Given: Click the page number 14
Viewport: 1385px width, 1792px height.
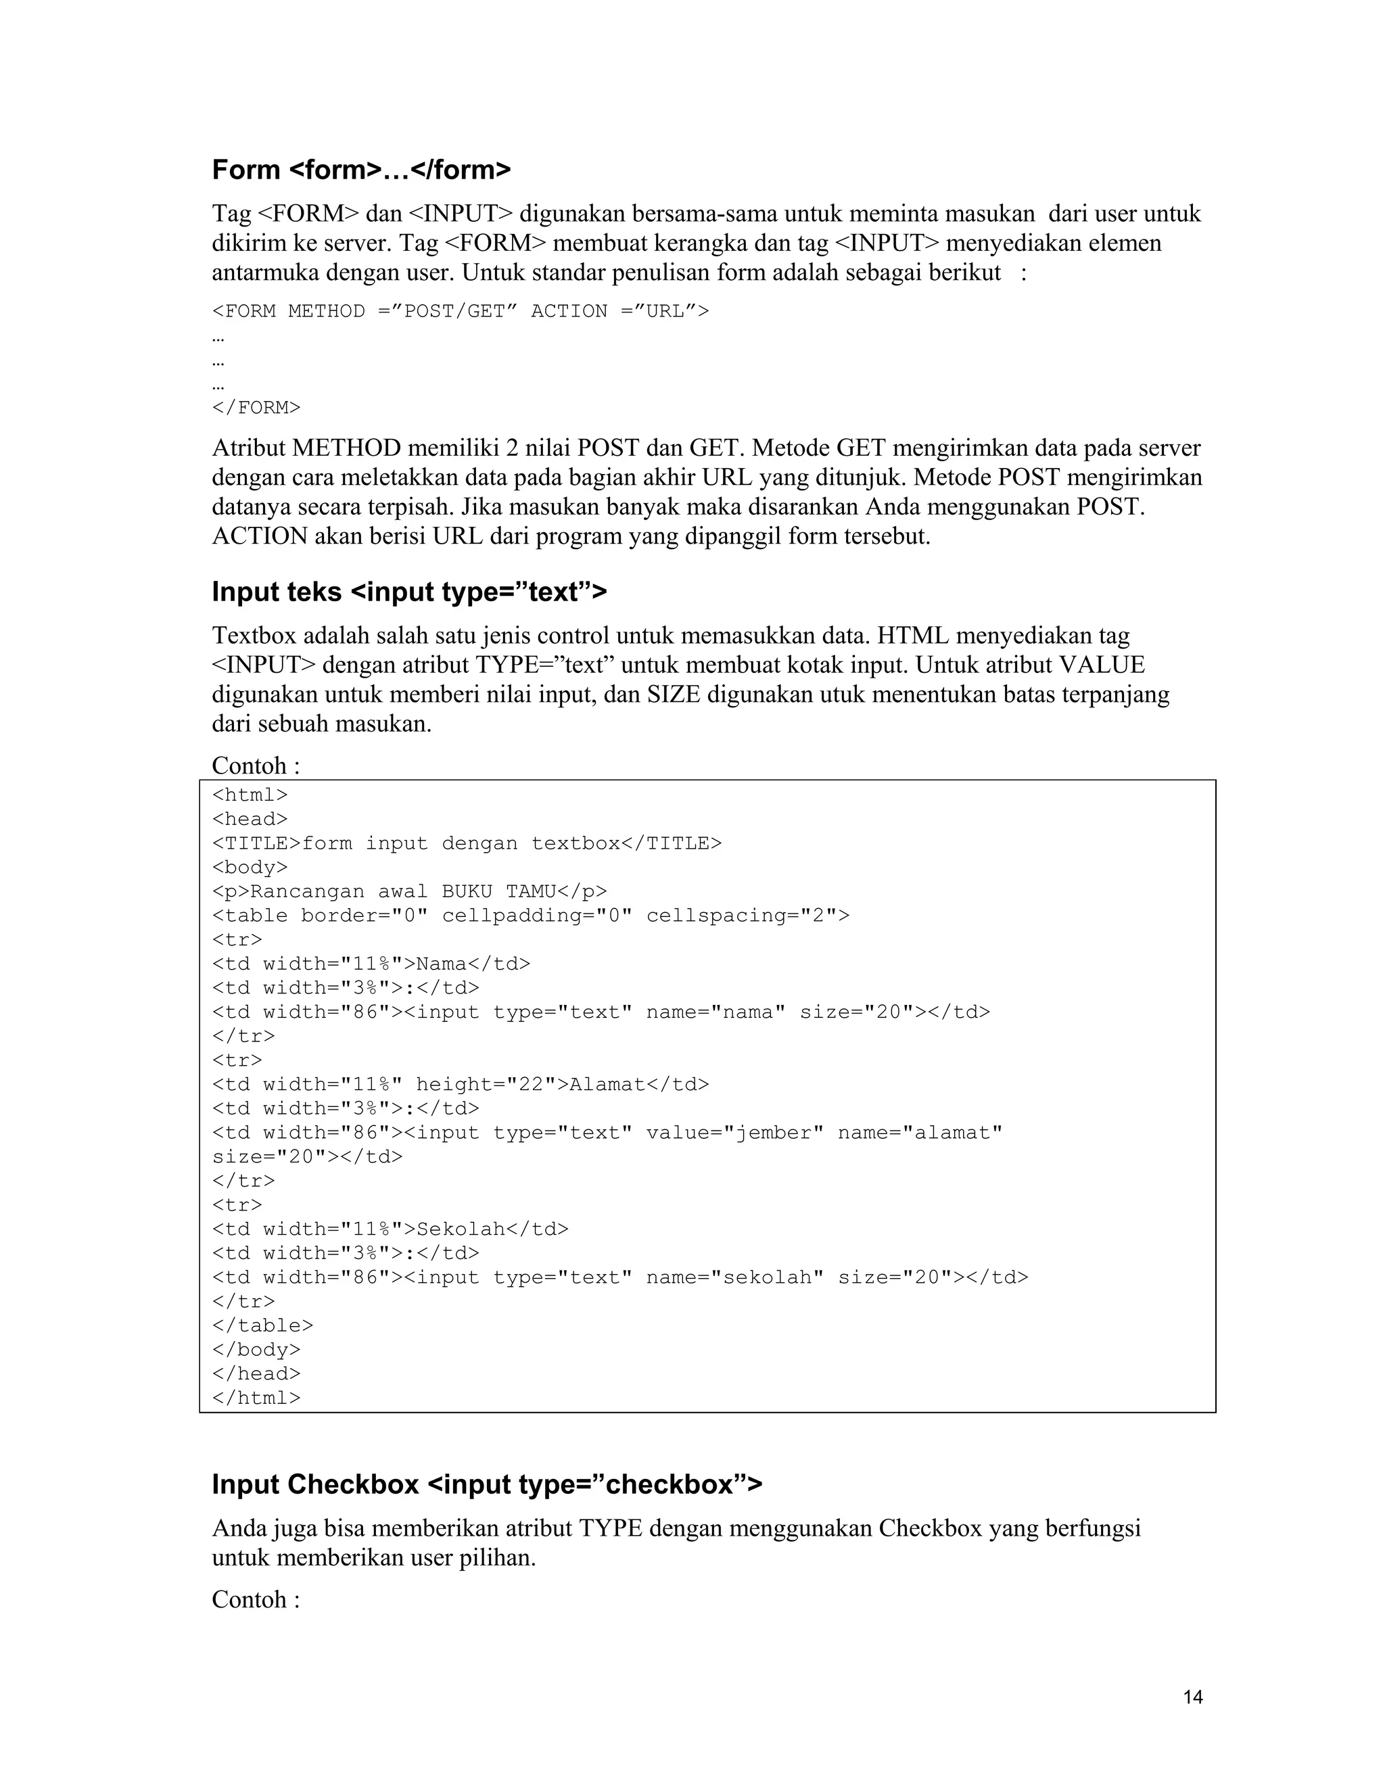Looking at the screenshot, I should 1193,1697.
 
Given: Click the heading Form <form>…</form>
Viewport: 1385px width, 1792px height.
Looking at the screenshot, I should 361,170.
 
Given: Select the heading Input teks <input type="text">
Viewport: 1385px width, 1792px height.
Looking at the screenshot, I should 408,592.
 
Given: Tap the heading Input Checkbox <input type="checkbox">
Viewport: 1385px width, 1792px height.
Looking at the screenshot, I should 486,1484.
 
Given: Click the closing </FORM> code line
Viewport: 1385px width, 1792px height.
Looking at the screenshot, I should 256,408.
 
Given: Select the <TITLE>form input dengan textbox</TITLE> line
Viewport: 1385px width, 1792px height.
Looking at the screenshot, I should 467,843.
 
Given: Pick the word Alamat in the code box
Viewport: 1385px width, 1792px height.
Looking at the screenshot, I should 607,1085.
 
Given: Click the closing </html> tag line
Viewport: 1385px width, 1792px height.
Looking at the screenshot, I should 256,1398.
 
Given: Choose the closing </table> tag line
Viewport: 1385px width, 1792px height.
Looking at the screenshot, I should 262,1326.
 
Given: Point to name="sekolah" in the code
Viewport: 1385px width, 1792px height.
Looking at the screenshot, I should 734,1277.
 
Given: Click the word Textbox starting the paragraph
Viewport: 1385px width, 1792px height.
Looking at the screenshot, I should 254,636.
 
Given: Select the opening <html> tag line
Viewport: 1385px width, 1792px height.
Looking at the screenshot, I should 250,795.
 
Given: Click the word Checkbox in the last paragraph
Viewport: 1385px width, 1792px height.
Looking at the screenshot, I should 931,1529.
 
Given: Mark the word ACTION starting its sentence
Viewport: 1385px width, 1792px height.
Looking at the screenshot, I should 259,537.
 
